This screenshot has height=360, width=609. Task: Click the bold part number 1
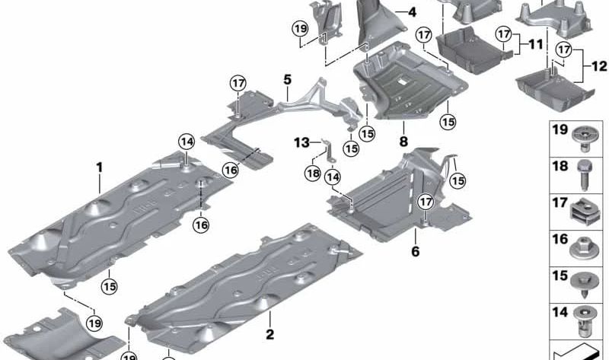click(x=100, y=167)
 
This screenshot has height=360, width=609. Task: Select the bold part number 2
click(x=270, y=334)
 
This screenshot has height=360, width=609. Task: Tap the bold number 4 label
click(x=412, y=12)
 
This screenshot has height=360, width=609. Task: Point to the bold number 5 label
click(x=287, y=80)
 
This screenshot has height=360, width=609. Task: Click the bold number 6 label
click(x=415, y=251)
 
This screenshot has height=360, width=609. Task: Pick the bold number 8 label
click(x=403, y=142)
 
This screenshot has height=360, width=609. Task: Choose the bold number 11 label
click(x=536, y=44)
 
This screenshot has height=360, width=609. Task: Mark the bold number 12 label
click(x=599, y=66)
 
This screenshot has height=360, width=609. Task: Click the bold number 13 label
click(x=301, y=142)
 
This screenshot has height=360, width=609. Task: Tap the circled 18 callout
click(x=313, y=174)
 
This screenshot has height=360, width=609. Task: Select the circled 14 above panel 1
click(x=187, y=142)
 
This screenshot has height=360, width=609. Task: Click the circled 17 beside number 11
click(x=504, y=34)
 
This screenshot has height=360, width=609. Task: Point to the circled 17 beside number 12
click(x=564, y=49)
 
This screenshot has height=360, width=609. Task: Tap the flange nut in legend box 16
click(x=584, y=249)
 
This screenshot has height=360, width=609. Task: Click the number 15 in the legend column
click(x=560, y=276)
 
